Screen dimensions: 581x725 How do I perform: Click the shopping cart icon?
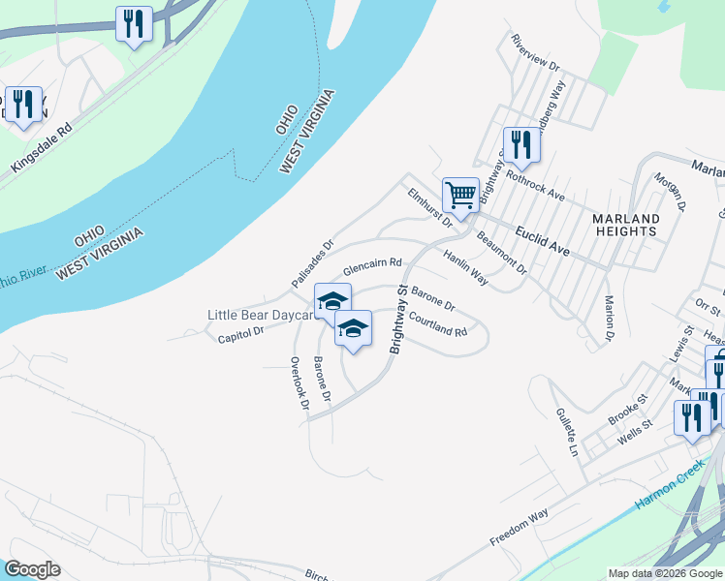[x=460, y=193]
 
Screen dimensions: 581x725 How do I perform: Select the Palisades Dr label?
[x=312, y=263]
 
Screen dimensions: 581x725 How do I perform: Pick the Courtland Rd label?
[x=438, y=322]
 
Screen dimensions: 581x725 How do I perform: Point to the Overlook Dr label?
[x=299, y=383]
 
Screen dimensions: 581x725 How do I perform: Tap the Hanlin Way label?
[x=465, y=266]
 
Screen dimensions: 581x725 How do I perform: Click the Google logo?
[x=32, y=569]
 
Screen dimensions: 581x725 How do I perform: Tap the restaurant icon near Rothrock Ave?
[x=521, y=145]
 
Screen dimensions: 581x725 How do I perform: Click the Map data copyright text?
[x=664, y=573]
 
